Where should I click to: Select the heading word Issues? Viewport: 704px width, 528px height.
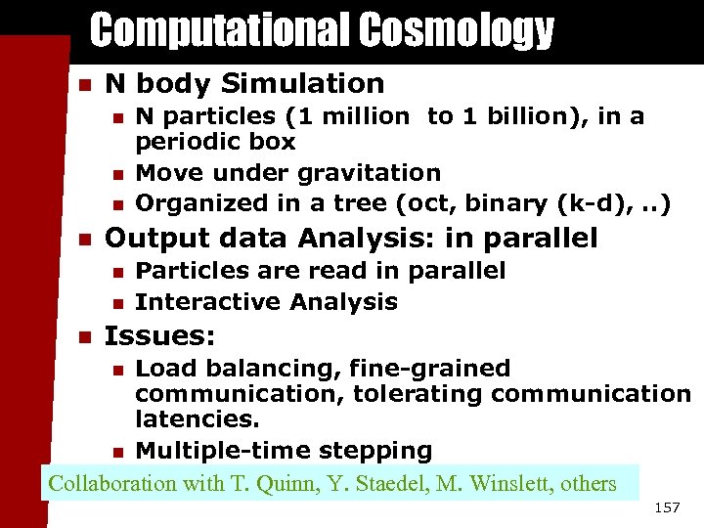[x=159, y=336]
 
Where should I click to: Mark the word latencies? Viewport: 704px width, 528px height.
[x=195, y=418]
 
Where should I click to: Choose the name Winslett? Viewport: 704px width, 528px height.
[x=517, y=483]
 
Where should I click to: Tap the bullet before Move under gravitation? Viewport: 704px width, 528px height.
[x=117, y=174]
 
